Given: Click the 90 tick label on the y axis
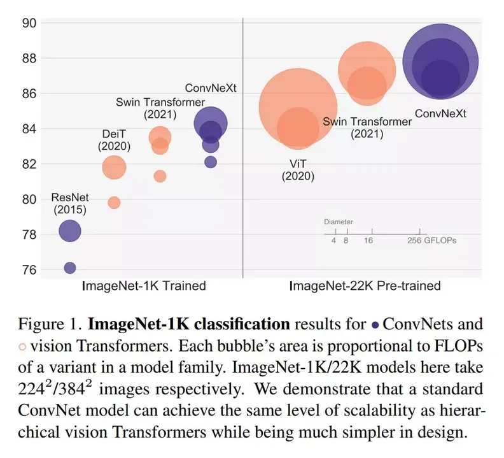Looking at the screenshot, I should pyautogui.click(x=30, y=23).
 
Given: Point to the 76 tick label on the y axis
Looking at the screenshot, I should pyautogui.click(x=30, y=270).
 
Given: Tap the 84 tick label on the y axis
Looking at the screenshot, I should pyautogui.click(x=30, y=129).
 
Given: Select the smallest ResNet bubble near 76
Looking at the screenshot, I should pyautogui.click(x=70, y=268).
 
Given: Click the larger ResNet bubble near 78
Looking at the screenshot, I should pyautogui.click(x=70, y=231).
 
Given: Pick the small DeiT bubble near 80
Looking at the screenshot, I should pyautogui.click(x=114, y=203).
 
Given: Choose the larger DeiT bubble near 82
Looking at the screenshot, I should pyautogui.click(x=114, y=168).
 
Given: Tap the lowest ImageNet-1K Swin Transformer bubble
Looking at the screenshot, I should pyautogui.click(x=160, y=176).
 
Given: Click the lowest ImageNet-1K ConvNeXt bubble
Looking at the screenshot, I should pyautogui.click(x=211, y=162).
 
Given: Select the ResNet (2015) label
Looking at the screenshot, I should pyautogui.click(x=69, y=203).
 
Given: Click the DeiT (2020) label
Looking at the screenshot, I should pyautogui.click(x=114, y=140).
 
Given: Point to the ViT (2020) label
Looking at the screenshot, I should pyautogui.click(x=298, y=169).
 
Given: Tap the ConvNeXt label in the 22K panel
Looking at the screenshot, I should pyautogui.click(x=440, y=114).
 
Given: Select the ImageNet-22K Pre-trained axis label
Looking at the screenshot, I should pyautogui.click(x=365, y=286).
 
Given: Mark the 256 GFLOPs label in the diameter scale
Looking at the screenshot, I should pyautogui.click(x=432, y=241).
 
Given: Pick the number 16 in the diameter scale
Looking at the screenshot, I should pyautogui.click(x=368, y=241).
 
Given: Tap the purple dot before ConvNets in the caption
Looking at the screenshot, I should pyautogui.click(x=375, y=325).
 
